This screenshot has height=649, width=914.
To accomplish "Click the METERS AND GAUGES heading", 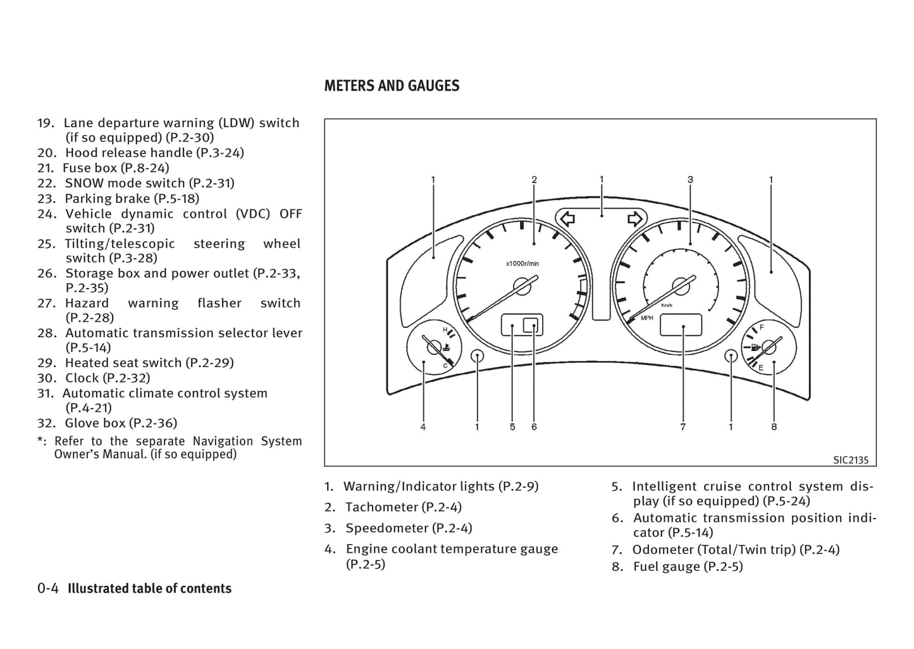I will [x=392, y=86].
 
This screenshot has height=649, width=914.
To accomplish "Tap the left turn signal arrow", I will [x=567, y=219].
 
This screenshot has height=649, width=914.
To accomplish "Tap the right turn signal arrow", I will [x=634, y=219].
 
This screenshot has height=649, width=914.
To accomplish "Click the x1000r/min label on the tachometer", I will [x=522, y=264].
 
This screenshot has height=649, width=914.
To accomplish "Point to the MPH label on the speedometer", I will [x=647, y=318].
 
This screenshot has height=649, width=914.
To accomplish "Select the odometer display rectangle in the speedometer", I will [x=681, y=325].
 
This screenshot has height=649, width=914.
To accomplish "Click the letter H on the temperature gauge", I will [x=445, y=330].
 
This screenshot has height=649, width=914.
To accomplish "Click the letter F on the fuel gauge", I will [x=762, y=328].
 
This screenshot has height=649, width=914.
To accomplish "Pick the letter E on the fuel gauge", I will [x=761, y=368].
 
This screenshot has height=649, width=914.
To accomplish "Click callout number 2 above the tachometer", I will [x=534, y=180].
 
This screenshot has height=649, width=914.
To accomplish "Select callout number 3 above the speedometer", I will [x=690, y=180].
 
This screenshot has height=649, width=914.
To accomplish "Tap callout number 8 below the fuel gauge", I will [x=774, y=427].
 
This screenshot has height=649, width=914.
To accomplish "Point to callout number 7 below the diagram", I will [x=683, y=427].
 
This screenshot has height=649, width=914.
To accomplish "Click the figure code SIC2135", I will [x=851, y=460].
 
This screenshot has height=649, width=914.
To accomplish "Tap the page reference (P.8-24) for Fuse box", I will [x=145, y=168].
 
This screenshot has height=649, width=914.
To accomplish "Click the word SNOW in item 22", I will [x=84, y=183].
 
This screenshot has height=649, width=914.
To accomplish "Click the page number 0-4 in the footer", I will [x=48, y=588].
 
